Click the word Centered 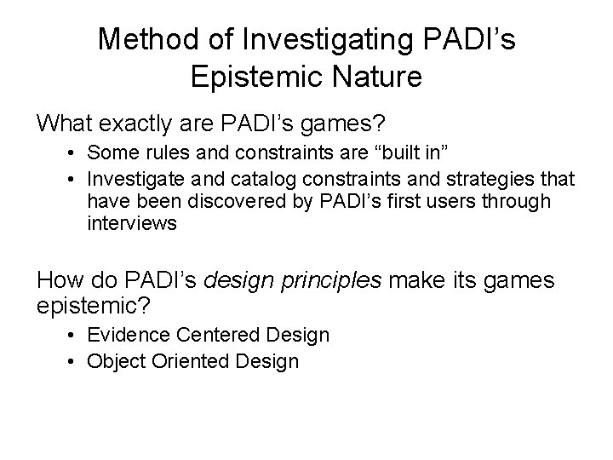(228, 336)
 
